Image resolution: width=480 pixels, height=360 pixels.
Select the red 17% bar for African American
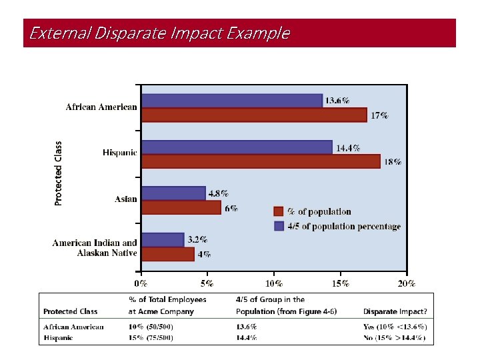tap(254, 115)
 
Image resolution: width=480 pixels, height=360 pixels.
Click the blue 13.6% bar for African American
tap(232, 101)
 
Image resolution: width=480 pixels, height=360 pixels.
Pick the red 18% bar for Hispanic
tap(261, 161)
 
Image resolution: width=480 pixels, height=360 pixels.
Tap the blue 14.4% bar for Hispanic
tap(237, 147)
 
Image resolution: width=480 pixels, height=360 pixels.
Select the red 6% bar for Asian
tap(181, 207)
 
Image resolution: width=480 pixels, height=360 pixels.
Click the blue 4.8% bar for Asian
tap(173, 193)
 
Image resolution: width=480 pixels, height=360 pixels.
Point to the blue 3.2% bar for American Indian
tap(163, 239)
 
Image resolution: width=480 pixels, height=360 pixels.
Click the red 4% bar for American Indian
tap(168, 254)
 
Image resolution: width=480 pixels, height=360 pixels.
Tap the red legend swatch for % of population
tap(279, 211)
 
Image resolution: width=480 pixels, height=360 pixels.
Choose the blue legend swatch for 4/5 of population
tap(279, 226)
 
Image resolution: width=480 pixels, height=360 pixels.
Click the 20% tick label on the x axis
tap(406, 283)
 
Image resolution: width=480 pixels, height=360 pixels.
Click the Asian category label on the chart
tap(125, 199)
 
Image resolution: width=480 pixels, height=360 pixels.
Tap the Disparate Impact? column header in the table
tap(395, 311)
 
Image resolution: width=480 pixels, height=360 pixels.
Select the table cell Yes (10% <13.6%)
tap(395, 327)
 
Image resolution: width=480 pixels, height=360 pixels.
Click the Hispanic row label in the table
tap(59, 337)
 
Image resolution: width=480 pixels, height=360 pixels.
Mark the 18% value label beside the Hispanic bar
tap(393, 162)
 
